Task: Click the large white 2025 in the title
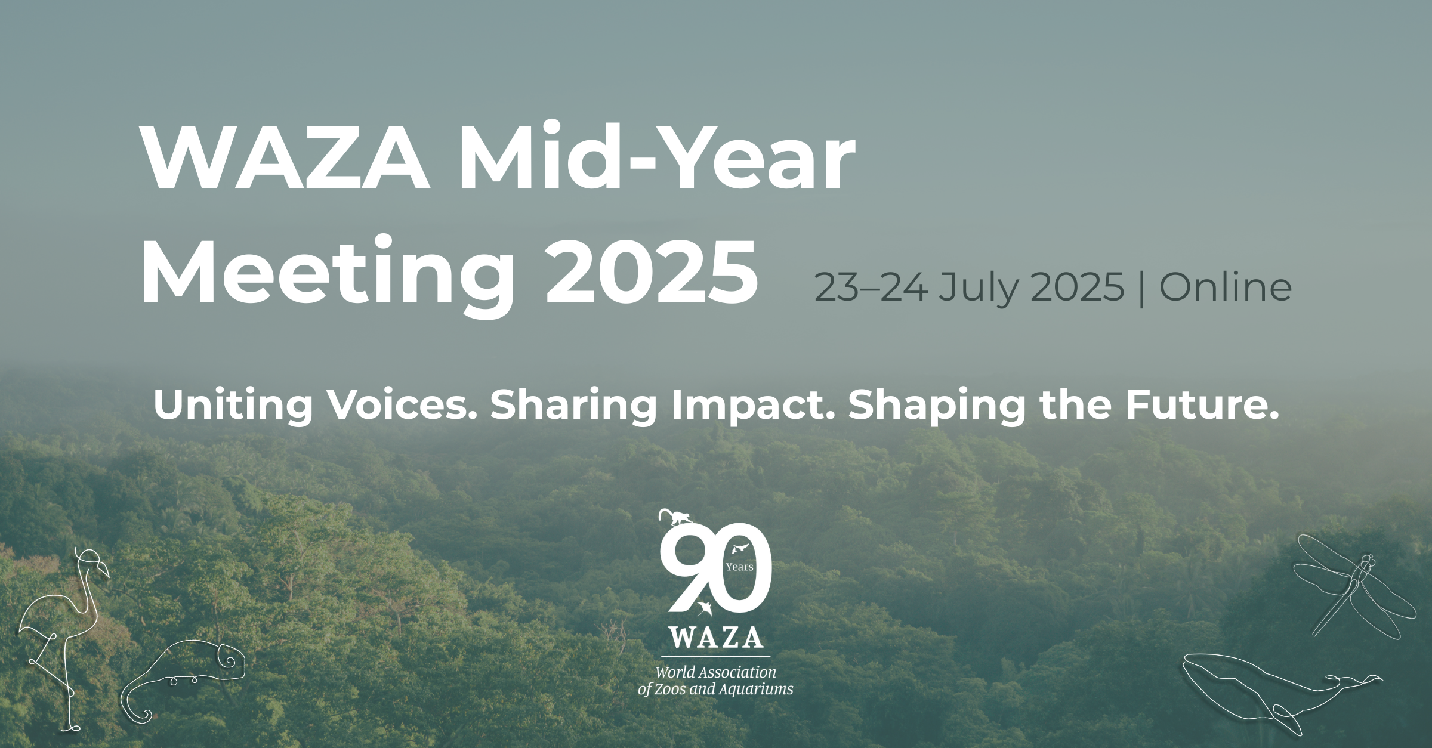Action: [651, 271]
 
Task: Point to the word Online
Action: [1225, 287]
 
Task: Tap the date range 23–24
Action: [871, 287]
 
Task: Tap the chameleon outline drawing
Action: [185, 677]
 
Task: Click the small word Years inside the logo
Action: [739, 567]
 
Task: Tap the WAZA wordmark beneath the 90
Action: [715, 637]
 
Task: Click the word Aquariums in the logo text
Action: [756, 690]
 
